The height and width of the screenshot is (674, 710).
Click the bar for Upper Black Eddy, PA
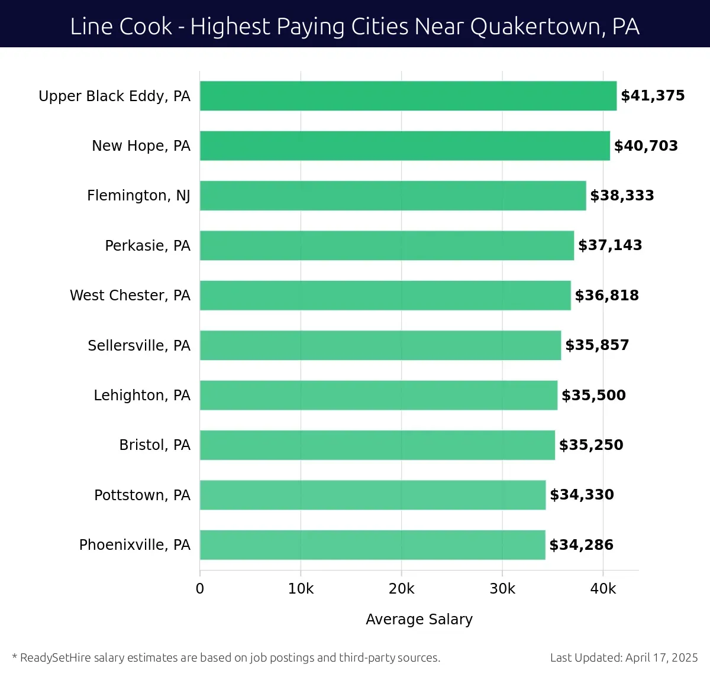408,96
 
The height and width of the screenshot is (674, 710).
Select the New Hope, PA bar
405,145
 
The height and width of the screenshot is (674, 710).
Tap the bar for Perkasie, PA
387,245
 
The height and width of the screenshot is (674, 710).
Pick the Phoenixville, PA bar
373,545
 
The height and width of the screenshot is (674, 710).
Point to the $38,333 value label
622,196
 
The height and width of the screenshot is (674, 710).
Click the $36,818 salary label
606,295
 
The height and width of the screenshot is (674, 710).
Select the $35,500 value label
593,395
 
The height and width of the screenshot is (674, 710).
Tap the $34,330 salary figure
582,495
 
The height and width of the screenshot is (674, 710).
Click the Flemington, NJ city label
138,196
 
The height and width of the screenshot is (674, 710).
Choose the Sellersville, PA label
139,345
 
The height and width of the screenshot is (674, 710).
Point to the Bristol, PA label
154,445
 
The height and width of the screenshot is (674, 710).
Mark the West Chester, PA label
130,295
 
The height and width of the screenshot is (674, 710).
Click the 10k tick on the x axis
301,589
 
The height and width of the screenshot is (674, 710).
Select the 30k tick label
502,589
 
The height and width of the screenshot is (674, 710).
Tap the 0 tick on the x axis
200,589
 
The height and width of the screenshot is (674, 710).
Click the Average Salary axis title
419,619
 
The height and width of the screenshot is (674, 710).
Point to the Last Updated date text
624,657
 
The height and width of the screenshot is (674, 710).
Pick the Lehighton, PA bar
379,395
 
